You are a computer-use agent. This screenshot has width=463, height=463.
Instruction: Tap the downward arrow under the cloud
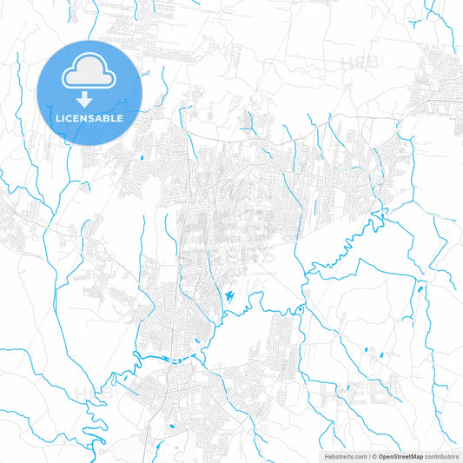tap(84, 100)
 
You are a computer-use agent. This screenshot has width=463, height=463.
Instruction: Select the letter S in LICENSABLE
tap(89, 118)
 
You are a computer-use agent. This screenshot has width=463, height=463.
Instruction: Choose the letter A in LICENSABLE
tap(98, 118)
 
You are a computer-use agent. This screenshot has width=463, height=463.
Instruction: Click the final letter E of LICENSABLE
tap(120, 118)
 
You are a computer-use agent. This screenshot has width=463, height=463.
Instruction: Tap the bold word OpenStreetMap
tap(400, 455)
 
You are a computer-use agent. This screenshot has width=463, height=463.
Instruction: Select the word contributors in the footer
tap(441, 455)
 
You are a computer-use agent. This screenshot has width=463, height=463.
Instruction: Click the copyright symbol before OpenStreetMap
tap(373, 455)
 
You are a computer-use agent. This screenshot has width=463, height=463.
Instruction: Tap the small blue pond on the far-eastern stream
tap(420, 288)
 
